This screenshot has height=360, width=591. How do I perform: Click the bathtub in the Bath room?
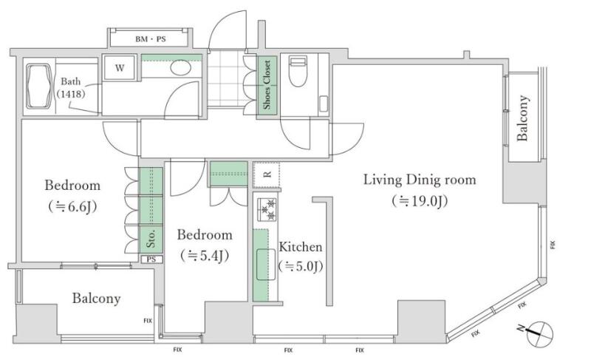[39, 86]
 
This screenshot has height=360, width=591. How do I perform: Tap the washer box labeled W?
[120, 68]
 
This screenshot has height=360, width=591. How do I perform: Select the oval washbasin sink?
[180, 68]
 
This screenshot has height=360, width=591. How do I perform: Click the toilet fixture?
[298, 72]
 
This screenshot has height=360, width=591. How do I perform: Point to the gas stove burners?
[267, 210]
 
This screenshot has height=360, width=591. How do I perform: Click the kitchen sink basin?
[266, 265]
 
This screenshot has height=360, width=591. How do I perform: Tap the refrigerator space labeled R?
[267, 174]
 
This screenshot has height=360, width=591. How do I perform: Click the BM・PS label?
[151, 39]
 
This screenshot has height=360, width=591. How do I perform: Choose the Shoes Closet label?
[267, 85]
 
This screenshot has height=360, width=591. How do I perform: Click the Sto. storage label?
[151, 238]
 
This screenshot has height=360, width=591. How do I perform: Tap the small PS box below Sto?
[151, 259]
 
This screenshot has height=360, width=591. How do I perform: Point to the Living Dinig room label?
[420, 180]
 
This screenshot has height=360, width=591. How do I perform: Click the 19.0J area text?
[420, 201]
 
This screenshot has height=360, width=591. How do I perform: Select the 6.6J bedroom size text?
[72, 206]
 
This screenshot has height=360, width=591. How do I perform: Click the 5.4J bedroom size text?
[205, 256]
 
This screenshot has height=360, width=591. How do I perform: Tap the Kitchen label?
[301, 247]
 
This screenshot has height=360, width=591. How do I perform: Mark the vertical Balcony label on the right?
[523, 118]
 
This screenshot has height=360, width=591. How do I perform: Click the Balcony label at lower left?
[97, 299]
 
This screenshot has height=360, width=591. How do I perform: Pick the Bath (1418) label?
[71, 87]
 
